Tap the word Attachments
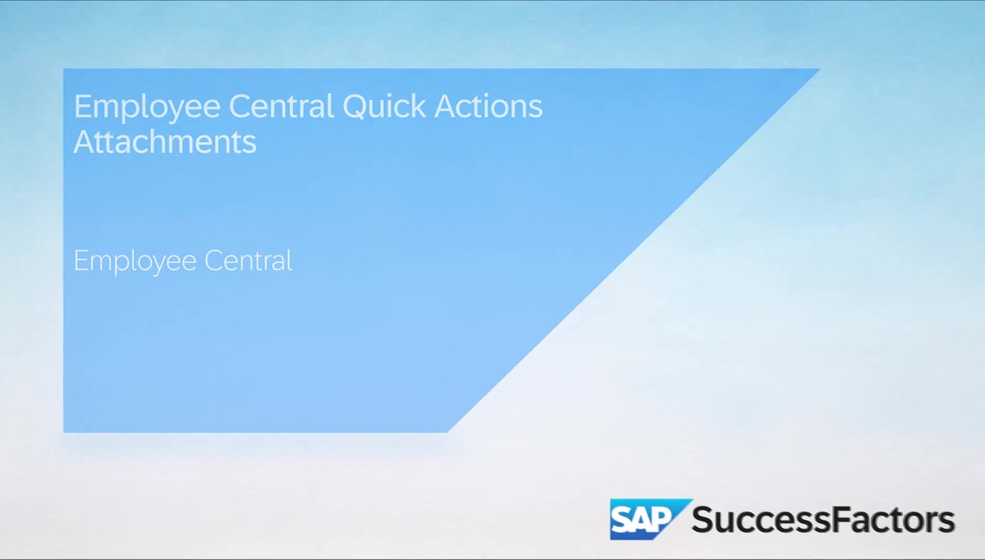tap(165, 142)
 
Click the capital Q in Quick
tap(354, 107)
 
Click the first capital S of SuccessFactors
tap(703, 520)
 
